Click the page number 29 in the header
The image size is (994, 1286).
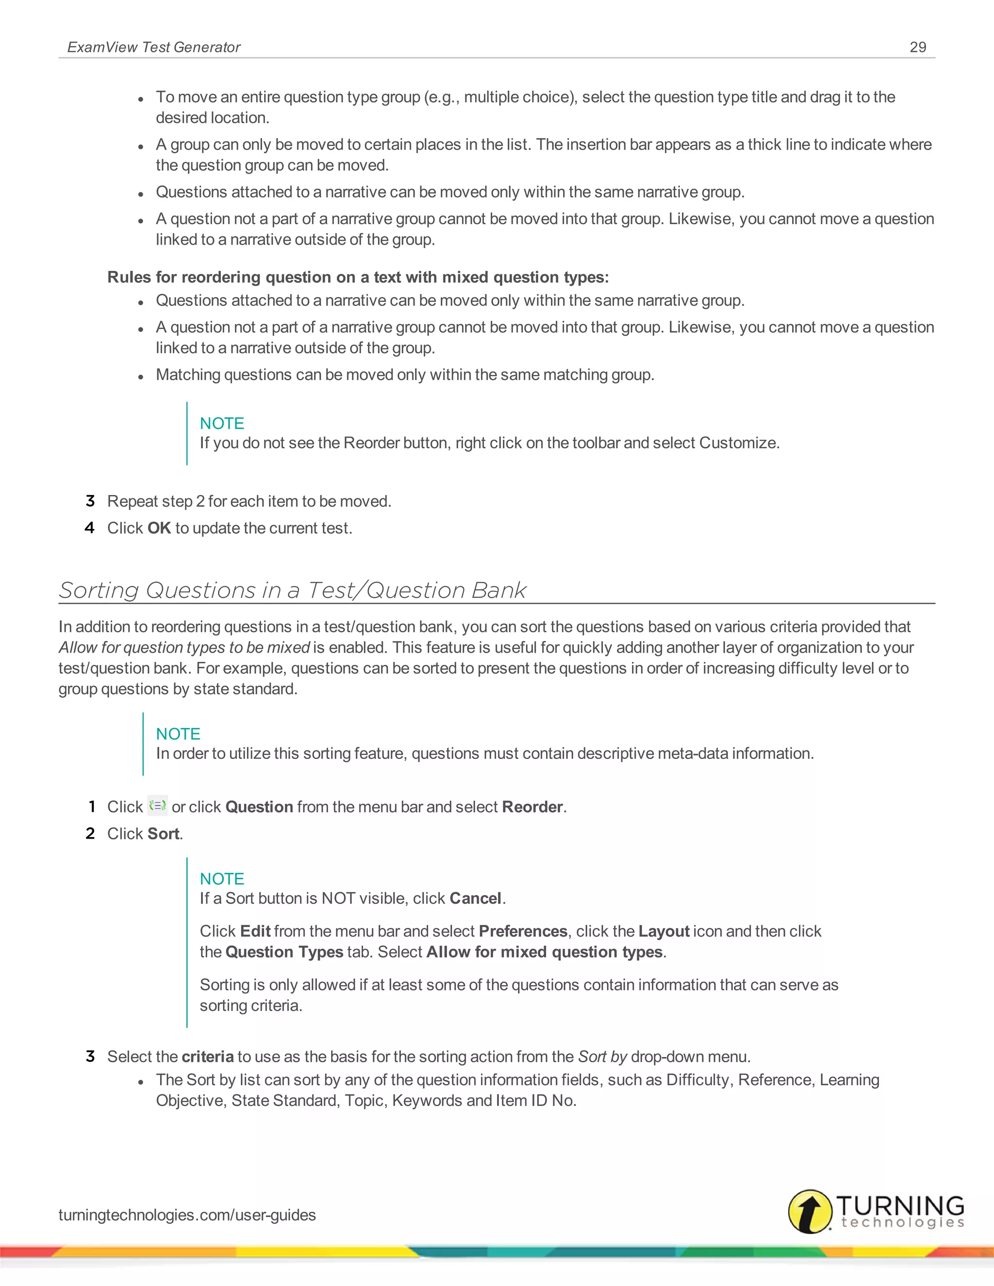pyautogui.click(x=917, y=47)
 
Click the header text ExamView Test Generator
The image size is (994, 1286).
pyautogui.click(x=154, y=47)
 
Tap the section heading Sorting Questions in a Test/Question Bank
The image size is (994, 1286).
pyautogui.click(x=292, y=590)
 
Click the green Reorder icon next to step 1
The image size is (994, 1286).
pyautogui.click(x=157, y=806)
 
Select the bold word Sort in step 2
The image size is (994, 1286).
pyautogui.click(x=164, y=834)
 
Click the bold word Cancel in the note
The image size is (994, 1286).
pyautogui.click(x=475, y=899)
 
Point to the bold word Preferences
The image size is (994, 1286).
pyautogui.click(x=523, y=932)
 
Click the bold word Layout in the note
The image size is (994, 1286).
pyautogui.click(x=663, y=932)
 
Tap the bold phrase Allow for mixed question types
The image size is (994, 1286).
pyautogui.click(x=545, y=952)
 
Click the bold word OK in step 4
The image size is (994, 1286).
pyautogui.click(x=159, y=528)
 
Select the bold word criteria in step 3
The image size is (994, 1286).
pyautogui.click(x=207, y=1057)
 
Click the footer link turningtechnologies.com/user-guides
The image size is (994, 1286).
pyautogui.click(x=187, y=1215)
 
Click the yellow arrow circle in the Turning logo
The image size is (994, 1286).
pyautogui.click(x=810, y=1211)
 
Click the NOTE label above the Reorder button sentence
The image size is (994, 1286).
pyautogui.click(x=222, y=423)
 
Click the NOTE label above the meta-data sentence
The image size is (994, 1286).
pyautogui.click(x=178, y=734)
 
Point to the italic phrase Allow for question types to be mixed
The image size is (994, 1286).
pyautogui.click(x=184, y=648)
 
